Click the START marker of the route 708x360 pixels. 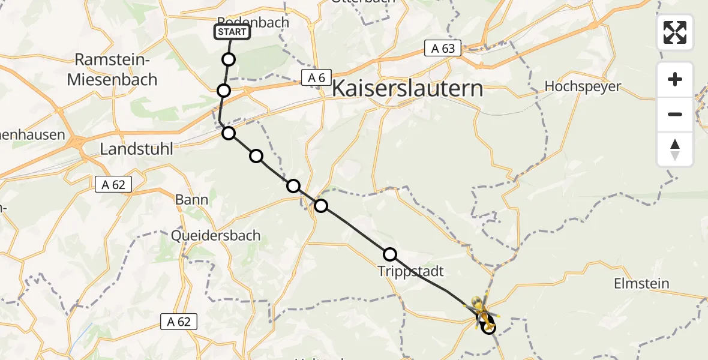(232, 32)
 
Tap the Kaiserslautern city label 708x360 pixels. (407, 88)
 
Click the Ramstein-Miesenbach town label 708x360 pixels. (112, 69)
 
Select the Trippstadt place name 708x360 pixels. (411, 271)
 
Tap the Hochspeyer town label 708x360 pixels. (583, 86)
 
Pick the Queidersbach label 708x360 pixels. (215, 235)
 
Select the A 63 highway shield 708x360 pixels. (443, 49)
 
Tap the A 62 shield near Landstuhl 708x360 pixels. (113, 185)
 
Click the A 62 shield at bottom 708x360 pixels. (179, 322)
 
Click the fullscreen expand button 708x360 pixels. (675, 32)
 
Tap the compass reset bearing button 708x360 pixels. (675, 149)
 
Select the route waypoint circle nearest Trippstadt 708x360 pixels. (390, 254)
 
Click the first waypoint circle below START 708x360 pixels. (229, 59)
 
